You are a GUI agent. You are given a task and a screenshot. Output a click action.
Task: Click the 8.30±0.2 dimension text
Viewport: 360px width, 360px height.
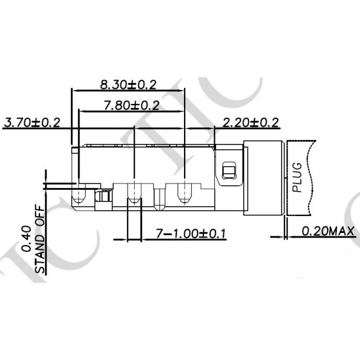pyautogui.click(x=128, y=85)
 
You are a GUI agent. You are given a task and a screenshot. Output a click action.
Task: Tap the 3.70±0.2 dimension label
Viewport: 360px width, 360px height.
pyautogui.click(x=32, y=123)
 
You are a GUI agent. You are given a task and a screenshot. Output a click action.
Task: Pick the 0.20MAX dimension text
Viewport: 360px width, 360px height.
pyautogui.click(x=328, y=232)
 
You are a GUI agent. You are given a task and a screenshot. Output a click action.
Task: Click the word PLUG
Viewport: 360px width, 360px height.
pyautogui.click(x=297, y=178)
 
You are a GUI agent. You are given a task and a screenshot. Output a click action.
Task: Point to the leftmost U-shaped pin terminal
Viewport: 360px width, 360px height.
pyautogui.click(x=80, y=194)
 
